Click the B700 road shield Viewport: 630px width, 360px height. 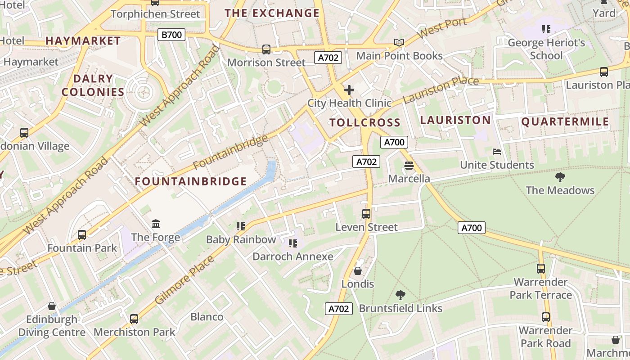pos(171,35)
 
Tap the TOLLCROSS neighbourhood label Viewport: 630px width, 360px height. pos(364,122)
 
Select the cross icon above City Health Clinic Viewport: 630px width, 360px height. pos(349,90)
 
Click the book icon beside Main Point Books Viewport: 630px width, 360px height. pos(399,42)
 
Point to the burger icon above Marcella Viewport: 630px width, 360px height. pos(409,166)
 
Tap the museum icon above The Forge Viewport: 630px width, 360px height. pos(156,224)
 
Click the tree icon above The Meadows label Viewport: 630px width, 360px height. pos(560,177)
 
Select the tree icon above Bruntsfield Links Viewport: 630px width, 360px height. pos(400,295)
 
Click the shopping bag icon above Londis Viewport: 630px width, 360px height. pos(358,271)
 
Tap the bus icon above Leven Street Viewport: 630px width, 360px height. pos(366,214)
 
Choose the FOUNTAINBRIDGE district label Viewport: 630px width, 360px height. pos(191,181)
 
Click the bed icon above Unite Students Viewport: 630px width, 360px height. pos(497,152)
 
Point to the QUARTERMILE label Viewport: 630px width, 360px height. pos(565,122)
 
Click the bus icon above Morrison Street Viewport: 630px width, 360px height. pos(266,49)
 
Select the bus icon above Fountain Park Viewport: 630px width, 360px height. pos(82,234)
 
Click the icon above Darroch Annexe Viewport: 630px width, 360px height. pos(293,243)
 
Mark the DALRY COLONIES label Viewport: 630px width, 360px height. pos(93,85)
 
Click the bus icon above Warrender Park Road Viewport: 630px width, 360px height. pos(546,317)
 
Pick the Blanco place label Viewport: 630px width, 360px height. pos(207,317)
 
